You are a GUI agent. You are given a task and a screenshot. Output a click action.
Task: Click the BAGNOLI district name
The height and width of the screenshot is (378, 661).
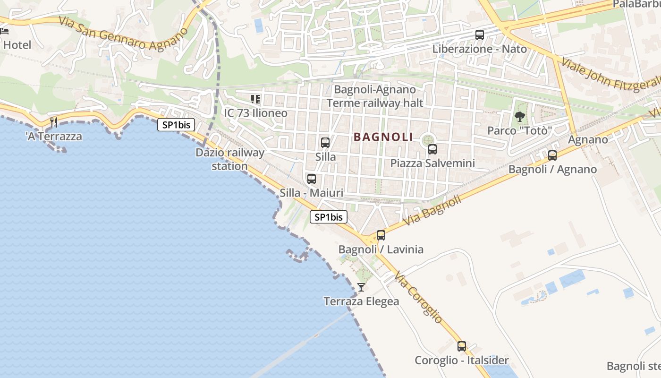pyautogui.click(x=383, y=137)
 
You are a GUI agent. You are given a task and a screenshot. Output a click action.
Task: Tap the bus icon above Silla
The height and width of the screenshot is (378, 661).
pyautogui.click(x=325, y=142)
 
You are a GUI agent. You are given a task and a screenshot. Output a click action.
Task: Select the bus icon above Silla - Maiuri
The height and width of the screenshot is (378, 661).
pyautogui.click(x=312, y=179)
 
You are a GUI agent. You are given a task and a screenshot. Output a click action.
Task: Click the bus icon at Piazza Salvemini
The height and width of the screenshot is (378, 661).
pyautogui.click(x=432, y=149)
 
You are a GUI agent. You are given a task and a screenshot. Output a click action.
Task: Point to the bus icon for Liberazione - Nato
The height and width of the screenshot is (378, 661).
pyautogui.click(x=480, y=34)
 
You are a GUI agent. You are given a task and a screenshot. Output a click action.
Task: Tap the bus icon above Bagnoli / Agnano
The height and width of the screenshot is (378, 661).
pyautogui.click(x=552, y=155)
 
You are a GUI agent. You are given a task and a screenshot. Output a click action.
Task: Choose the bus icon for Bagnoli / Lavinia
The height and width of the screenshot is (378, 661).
pyautogui.click(x=381, y=235)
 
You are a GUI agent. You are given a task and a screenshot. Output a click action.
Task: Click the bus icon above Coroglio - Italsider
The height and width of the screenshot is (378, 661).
pyautogui.click(x=462, y=346)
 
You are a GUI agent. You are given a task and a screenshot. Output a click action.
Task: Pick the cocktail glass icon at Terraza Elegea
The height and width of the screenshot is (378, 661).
pyautogui.click(x=361, y=287)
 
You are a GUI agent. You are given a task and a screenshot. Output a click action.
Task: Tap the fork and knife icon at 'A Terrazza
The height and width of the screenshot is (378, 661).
pyautogui.click(x=54, y=122)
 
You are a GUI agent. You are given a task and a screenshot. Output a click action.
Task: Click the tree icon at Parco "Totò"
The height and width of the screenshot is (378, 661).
pyautogui.click(x=520, y=116)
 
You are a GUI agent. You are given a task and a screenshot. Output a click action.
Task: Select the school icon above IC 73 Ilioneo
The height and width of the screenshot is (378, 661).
pyautogui.click(x=255, y=99)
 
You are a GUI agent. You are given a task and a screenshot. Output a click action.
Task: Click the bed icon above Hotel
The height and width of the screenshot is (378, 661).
pyautogui.click(x=5, y=32)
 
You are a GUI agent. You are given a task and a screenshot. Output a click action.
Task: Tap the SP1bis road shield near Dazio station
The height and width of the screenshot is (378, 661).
pyautogui.click(x=176, y=125)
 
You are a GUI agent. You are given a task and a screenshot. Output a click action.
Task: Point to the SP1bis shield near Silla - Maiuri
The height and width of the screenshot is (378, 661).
pyautogui.click(x=329, y=217)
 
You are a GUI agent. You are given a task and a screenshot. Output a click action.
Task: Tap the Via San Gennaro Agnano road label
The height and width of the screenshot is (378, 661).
pyautogui.click(x=124, y=34)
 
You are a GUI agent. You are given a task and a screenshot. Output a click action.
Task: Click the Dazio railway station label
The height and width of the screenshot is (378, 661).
pyautogui.click(x=230, y=159)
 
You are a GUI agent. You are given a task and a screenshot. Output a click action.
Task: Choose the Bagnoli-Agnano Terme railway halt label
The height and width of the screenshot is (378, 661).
pyautogui.click(x=375, y=96)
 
